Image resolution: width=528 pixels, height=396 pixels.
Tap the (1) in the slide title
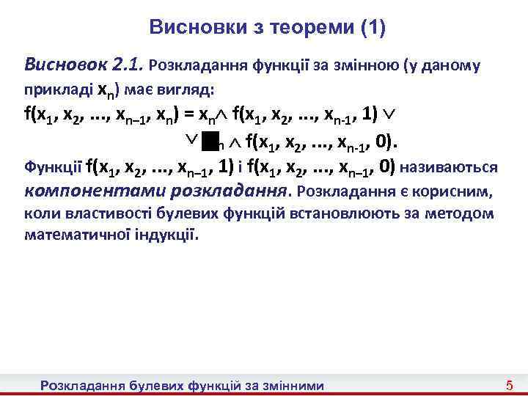point(373,28)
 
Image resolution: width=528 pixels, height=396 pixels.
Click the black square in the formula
point(211,139)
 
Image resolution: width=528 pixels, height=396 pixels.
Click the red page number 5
point(510,385)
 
